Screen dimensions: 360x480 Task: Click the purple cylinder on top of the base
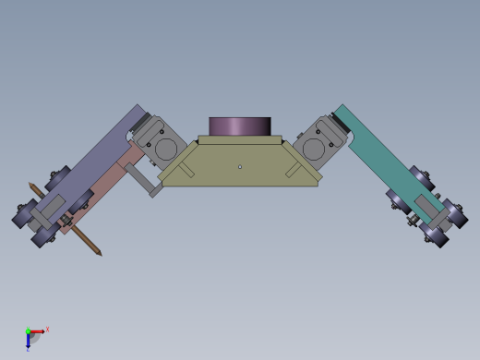point(239,126)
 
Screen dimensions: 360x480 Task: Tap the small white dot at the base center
point(240,167)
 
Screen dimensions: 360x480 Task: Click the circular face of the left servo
point(165,149)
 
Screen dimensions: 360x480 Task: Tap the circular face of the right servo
point(314,149)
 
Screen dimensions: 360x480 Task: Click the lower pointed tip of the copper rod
point(100,254)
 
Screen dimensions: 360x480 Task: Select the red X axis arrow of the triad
point(38,331)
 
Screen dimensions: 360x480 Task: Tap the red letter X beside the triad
point(47,329)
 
